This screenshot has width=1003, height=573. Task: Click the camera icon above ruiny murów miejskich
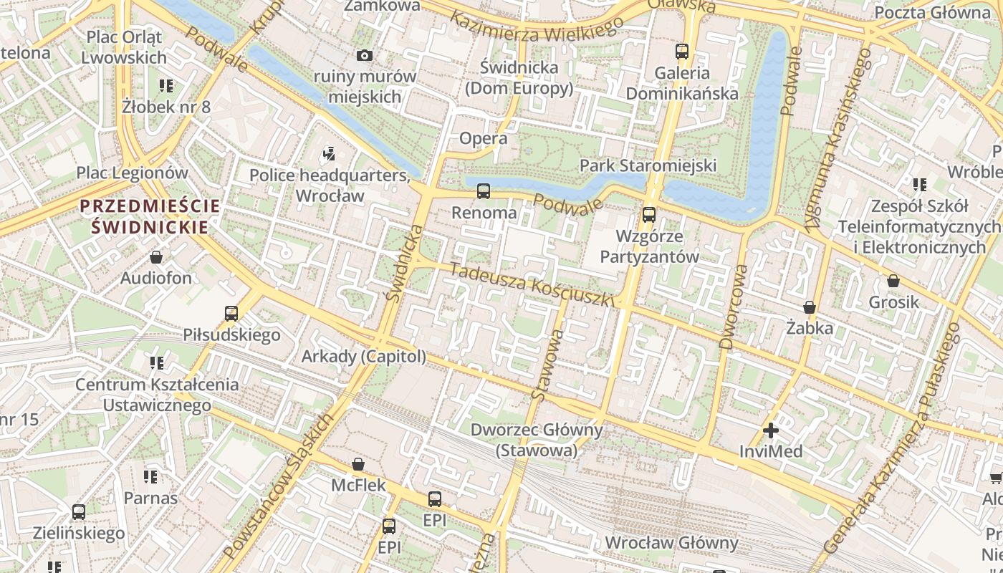click(x=364, y=55)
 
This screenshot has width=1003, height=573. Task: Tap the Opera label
click(x=483, y=138)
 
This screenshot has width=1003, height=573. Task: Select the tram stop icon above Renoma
click(x=484, y=191)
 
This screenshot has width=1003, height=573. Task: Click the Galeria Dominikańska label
click(x=681, y=83)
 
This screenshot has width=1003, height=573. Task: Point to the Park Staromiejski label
click(x=648, y=165)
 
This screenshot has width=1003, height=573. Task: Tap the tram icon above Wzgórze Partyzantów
click(x=648, y=214)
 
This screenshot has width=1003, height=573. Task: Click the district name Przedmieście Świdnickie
click(x=150, y=216)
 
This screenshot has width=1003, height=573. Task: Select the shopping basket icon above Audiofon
click(x=156, y=257)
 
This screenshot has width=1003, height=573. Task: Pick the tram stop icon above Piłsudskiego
click(x=231, y=313)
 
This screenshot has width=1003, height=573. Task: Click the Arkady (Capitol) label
click(x=363, y=356)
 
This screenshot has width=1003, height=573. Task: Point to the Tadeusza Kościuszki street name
click(x=532, y=284)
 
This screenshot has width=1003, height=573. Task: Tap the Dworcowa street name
click(x=734, y=307)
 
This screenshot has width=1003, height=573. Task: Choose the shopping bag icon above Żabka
click(x=809, y=307)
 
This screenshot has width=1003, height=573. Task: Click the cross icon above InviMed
click(x=771, y=430)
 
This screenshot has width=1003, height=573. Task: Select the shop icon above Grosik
click(x=893, y=281)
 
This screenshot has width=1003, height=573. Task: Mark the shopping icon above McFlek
click(x=357, y=464)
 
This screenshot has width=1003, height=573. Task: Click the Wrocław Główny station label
click(x=671, y=542)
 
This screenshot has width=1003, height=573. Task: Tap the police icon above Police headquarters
click(x=329, y=153)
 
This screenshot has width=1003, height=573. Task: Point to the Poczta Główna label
click(x=931, y=12)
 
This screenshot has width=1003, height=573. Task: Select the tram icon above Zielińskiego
click(x=79, y=512)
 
